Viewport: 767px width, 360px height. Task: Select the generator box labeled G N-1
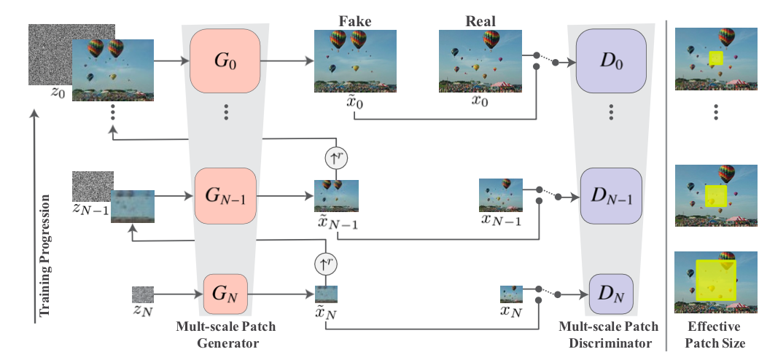(x=225, y=196)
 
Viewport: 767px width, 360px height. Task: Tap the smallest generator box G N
(x=225, y=294)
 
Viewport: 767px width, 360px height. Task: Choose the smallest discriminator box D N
(x=611, y=294)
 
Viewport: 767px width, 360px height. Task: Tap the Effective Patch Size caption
(x=716, y=334)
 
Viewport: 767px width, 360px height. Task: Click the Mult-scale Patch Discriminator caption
(x=607, y=334)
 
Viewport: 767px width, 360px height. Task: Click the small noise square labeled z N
(x=144, y=294)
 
